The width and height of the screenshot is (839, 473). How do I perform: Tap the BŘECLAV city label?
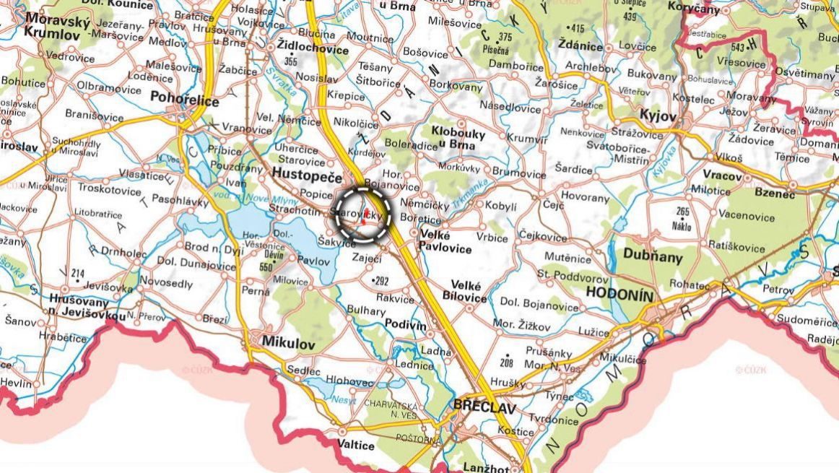pos(484,408)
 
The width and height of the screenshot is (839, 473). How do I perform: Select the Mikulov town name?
pos(289,344)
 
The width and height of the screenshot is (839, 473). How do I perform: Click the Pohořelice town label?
pos(184,101)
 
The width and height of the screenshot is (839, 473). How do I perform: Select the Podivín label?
pos(405,324)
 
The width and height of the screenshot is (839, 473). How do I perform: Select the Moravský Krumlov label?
pos(57,27)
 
